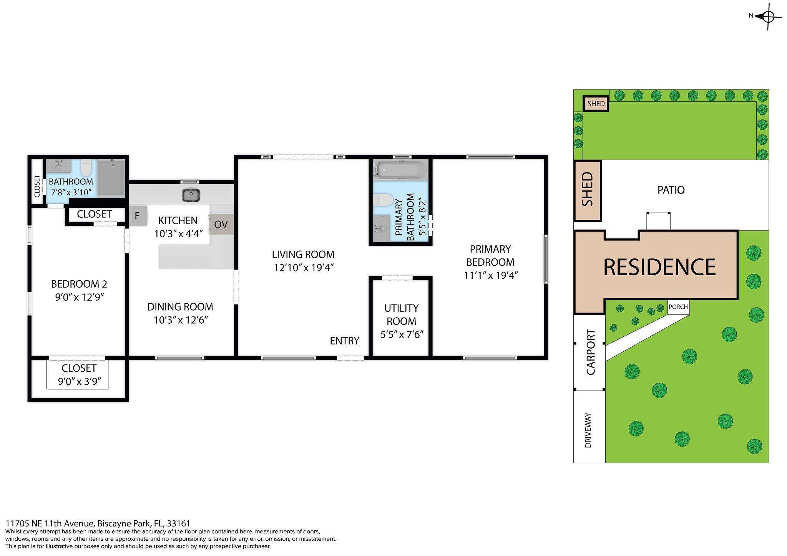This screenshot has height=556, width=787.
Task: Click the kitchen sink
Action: (x=191, y=195)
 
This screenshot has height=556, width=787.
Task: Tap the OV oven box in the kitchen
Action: (x=221, y=224)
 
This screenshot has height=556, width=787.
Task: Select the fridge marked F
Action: (x=137, y=216)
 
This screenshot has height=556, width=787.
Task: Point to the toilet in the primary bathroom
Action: (x=383, y=200)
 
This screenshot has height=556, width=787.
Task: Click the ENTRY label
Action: (x=344, y=341)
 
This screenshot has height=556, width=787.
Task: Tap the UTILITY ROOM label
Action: (x=402, y=314)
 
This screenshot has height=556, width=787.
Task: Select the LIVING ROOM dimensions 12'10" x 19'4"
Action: (x=303, y=268)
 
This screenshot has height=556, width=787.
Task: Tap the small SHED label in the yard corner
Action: (x=596, y=104)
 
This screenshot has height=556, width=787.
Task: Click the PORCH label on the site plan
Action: (x=678, y=307)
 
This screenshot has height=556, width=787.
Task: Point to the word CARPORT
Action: (x=591, y=352)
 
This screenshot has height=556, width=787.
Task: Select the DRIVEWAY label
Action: (x=588, y=430)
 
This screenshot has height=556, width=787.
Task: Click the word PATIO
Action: (x=671, y=190)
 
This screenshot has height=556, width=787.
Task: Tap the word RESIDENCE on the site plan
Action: (x=659, y=267)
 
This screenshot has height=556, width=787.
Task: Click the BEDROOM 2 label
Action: (x=79, y=284)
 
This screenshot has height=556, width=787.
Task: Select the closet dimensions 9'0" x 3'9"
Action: (x=82, y=382)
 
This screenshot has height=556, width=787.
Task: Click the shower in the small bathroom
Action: (x=111, y=178)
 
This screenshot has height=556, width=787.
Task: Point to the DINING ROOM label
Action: (x=180, y=307)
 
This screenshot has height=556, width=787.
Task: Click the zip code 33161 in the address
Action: (x=179, y=523)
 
